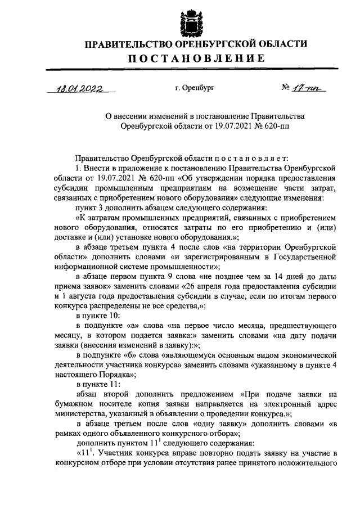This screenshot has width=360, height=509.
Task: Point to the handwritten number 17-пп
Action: [310, 87]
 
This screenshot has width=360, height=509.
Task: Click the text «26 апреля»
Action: [200, 286]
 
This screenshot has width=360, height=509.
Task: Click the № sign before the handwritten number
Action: [286, 87]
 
